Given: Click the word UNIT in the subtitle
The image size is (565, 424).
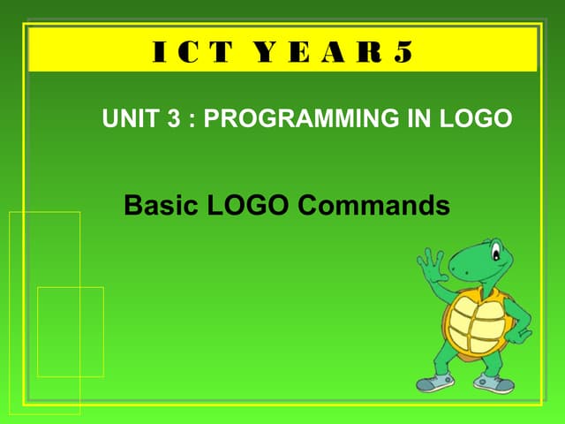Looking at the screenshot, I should coord(131,118).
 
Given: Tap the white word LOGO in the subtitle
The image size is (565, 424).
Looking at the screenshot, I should coord(482,118).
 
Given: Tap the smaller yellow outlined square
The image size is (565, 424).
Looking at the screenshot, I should coord(70,331).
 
